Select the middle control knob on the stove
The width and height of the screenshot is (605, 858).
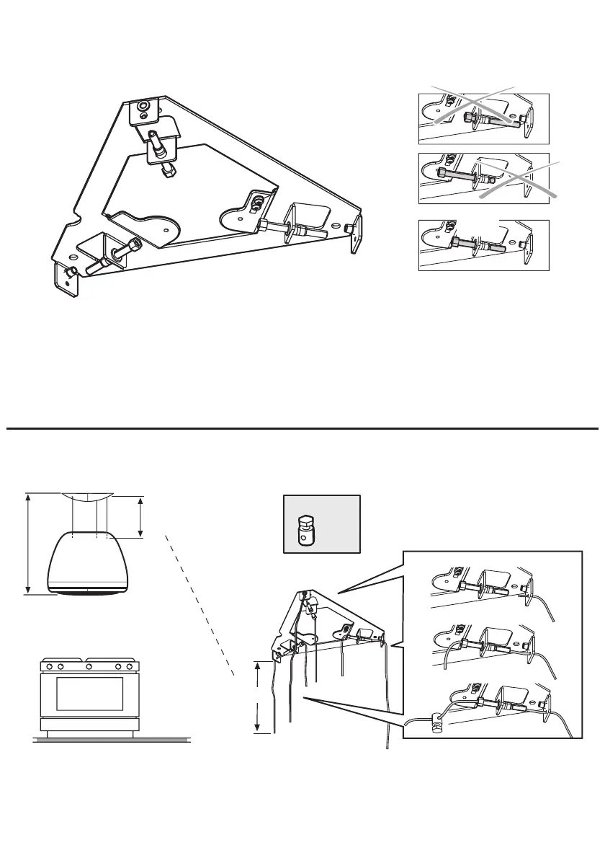[x=89, y=667]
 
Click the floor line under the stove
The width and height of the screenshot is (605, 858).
[x=112, y=740]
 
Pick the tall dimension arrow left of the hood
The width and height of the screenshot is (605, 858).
[x=27, y=544]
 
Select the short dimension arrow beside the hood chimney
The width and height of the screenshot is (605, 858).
[x=141, y=516]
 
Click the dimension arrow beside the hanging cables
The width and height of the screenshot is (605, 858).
[x=257, y=696]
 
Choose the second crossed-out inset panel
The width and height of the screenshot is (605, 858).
[x=484, y=178]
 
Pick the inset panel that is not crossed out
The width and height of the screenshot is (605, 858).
[x=484, y=245]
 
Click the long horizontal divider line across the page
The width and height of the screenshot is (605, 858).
[x=302, y=429]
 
